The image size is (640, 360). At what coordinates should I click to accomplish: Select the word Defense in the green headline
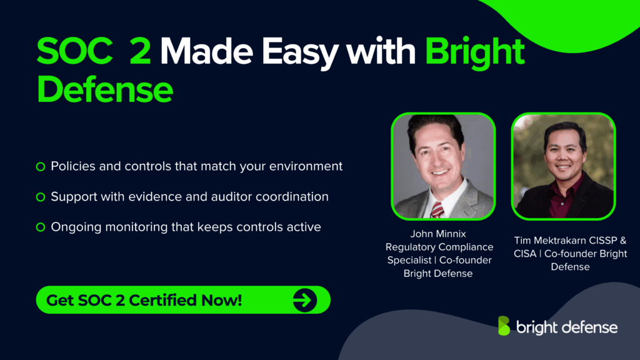104,89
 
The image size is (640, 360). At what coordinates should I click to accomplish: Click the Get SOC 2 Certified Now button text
144,300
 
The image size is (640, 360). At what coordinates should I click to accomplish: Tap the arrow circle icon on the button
305,301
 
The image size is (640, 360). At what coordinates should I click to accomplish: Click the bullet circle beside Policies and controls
41,166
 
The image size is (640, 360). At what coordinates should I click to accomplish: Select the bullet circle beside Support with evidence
41,197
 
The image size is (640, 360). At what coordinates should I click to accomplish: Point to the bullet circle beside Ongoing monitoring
41,227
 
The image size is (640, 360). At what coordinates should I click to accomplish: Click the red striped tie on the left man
437,209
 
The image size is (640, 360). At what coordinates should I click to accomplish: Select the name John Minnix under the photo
438,234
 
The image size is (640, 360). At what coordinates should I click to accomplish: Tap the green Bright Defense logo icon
503,326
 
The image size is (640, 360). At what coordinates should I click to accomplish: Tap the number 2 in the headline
139,52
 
